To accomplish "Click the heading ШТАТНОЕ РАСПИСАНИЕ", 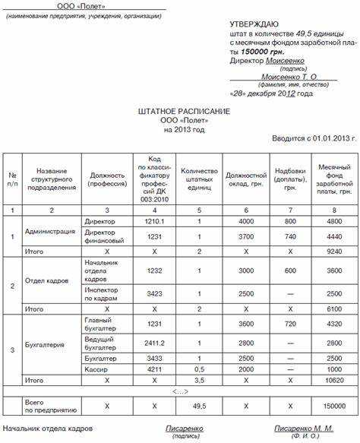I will (x=180, y=111).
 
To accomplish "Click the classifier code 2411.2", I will (x=154, y=343).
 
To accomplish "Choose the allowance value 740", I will (x=291, y=236).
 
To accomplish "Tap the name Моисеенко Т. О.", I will (x=288, y=77).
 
